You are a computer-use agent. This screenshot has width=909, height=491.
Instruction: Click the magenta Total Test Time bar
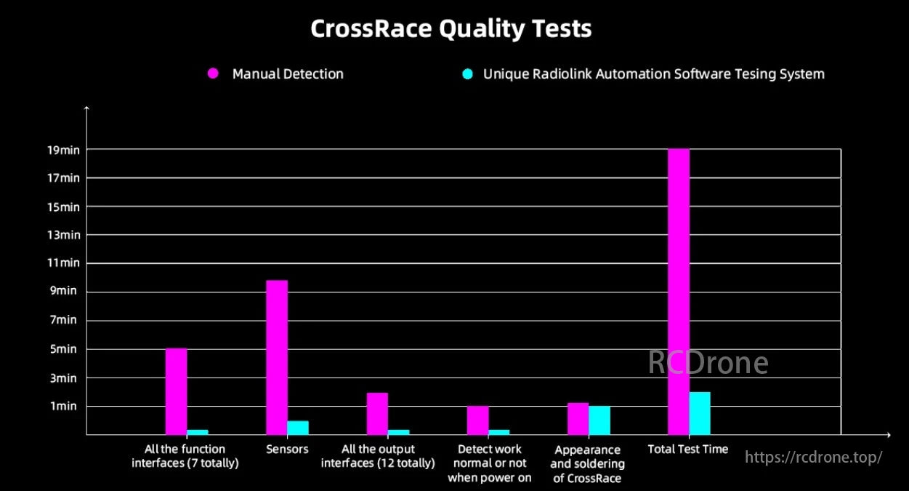coord(678,291)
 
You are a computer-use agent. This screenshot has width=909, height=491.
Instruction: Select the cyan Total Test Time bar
coord(699,413)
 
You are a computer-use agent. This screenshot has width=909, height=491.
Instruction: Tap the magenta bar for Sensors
coord(277,357)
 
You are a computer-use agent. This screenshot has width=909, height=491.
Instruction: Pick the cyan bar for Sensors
coord(298,428)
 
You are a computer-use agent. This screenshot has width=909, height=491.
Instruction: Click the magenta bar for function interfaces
coord(176,391)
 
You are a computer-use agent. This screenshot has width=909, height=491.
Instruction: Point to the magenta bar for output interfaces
coord(377,413)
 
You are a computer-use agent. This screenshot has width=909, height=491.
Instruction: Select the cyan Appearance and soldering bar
coord(599,420)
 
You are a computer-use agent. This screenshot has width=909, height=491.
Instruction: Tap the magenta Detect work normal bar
coord(477,420)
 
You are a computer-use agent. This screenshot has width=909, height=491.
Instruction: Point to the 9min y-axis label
coord(65,292)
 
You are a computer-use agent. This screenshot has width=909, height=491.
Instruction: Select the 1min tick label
coord(64,406)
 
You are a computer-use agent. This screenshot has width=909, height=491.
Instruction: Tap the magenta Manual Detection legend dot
coord(213,73)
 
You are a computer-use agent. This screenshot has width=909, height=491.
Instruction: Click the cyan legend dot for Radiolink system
coord(468,73)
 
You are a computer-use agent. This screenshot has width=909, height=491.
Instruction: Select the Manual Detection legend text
coord(288,73)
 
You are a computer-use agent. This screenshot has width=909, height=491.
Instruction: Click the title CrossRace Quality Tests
coord(451,29)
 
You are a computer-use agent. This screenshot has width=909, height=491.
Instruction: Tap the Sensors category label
coord(287,449)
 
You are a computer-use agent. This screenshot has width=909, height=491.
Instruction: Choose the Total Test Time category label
coord(687,449)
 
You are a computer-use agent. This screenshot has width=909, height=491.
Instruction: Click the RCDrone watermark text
coord(708,362)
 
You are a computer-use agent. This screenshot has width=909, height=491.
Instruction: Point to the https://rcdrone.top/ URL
coord(814,457)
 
